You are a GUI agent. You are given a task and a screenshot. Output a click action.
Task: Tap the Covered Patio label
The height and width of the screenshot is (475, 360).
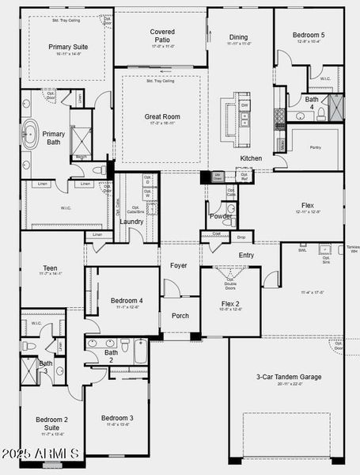coord(162,36)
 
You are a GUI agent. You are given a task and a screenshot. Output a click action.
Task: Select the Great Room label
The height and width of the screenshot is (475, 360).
coord(163,117)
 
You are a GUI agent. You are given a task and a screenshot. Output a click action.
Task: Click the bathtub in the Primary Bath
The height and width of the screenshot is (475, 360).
coord(32,135)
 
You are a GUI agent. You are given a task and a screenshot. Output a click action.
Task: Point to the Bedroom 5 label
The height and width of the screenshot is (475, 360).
coord(309,36)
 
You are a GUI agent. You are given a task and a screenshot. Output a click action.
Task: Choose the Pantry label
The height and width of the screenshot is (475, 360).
coord(316,147)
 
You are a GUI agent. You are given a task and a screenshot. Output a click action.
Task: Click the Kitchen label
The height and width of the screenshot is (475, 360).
coord(251,158)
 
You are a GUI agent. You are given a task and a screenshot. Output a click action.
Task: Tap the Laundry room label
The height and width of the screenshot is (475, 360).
coord(131,222)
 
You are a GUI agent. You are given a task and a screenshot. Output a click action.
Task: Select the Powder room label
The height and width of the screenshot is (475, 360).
coord(221,216)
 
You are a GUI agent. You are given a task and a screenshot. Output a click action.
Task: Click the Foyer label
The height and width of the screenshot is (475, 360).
coord(179,266)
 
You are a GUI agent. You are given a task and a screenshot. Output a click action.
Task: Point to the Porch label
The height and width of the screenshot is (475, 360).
coord(180,315)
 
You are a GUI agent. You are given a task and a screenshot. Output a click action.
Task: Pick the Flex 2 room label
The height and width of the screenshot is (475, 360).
coord(230,303)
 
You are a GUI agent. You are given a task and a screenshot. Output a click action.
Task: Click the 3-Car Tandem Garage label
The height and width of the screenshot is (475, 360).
coord(289,377)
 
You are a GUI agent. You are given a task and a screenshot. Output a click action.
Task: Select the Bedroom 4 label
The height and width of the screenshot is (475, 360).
coord(127,301)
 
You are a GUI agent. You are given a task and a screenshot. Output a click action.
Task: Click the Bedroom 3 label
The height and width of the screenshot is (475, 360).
coord(117,417)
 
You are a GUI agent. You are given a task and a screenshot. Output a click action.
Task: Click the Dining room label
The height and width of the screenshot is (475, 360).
coord(238,37)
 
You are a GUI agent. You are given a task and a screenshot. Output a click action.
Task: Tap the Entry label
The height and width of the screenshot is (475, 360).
coord(247,255)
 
